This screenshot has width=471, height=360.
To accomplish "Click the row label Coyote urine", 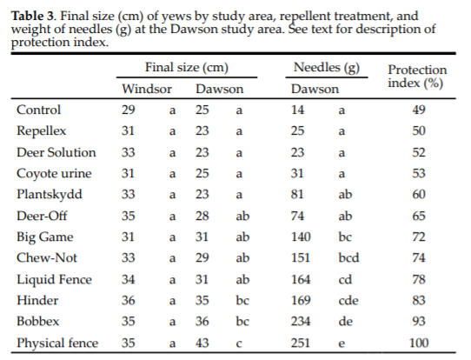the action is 54,174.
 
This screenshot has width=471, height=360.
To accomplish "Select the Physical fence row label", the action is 57,343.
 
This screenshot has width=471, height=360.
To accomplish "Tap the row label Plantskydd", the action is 50,195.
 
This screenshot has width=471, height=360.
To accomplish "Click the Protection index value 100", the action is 419,343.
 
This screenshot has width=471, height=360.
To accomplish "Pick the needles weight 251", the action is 301,343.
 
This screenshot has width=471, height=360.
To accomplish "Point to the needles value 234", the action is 301,321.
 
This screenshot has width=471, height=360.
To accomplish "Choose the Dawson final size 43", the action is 202,343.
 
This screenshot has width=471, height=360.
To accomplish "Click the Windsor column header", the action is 147,89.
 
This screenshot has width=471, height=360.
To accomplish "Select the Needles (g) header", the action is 327,68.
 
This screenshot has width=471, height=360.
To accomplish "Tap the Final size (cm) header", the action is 187,68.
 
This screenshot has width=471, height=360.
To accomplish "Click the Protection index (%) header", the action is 417,77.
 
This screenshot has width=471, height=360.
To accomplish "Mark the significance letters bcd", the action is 348,258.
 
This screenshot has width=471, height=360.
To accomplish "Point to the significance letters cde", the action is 348,301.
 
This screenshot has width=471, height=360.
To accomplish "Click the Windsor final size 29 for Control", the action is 129,110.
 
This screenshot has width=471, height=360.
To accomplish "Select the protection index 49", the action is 419,110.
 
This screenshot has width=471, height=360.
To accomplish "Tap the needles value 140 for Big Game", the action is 301,237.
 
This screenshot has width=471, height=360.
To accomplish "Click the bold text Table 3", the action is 33,16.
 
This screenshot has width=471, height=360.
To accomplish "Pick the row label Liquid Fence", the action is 54,279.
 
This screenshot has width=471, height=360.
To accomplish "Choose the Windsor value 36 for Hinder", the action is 129,301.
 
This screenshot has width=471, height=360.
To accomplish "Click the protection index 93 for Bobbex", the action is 419,321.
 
